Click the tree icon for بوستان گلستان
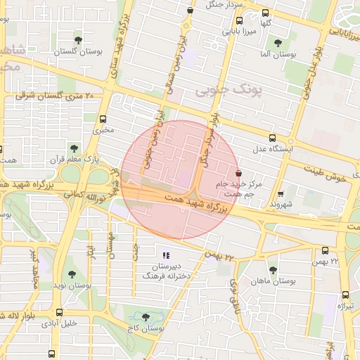click(x=77, y=39)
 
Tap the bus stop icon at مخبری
click(x=103, y=119)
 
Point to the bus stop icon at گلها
click(x=265, y=13)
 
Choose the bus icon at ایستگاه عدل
click(x=273, y=139)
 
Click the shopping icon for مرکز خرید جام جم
click(x=238, y=172)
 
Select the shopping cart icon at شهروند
click(x=281, y=193)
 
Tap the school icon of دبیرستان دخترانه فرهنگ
click(x=166, y=255)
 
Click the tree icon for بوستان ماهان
click(x=273, y=270)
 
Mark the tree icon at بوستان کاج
click(x=146, y=317)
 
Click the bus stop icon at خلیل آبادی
click(x=59, y=313)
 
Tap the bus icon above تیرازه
click(x=345, y=295)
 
